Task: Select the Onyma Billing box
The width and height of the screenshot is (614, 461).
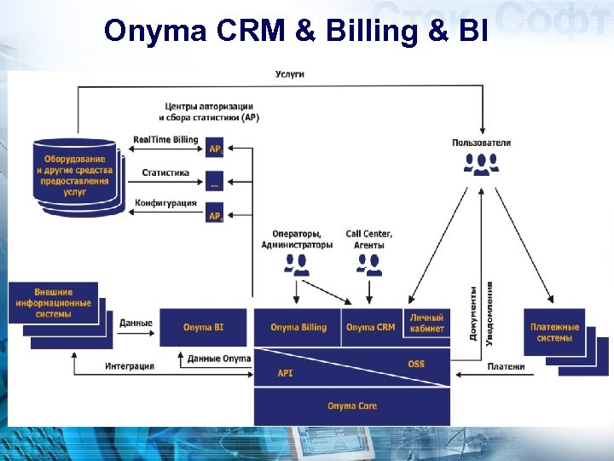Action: pyautogui.click(x=298, y=327)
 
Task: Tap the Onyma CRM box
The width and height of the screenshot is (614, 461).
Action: pyautogui.click(x=371, y=327)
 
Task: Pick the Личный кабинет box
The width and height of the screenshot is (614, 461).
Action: pyautogui.click(x=426, y=324)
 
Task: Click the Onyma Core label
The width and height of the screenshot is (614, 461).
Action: pyautogui.click(x=351, y=406)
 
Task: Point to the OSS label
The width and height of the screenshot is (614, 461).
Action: pyautogui.click(x=415, y=365)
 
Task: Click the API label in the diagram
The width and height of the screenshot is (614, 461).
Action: pyautogui.click(x=285, y=374)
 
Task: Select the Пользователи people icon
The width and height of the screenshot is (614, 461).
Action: pyautogui.click(x=482, y=163)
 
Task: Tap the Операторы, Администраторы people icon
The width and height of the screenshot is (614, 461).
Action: pyautogui.click(x=296, y=266)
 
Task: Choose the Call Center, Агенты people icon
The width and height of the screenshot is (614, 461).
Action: pyautogui.click(x=369, y=266)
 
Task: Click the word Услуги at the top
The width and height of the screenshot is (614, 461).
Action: pyautogui.click(x=290, y=74)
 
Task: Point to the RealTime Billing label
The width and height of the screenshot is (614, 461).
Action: pyautogui.click(x=165, y=140)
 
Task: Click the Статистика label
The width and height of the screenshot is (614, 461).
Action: pyautogui.click(x=165, y=172)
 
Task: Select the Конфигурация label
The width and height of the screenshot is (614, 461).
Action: pyautogui.click(x=165, y=204)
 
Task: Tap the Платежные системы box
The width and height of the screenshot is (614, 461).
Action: pyautogui.click(x=554, y=331)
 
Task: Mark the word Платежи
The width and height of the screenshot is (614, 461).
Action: pyautogui.click(x=506, y=367)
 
